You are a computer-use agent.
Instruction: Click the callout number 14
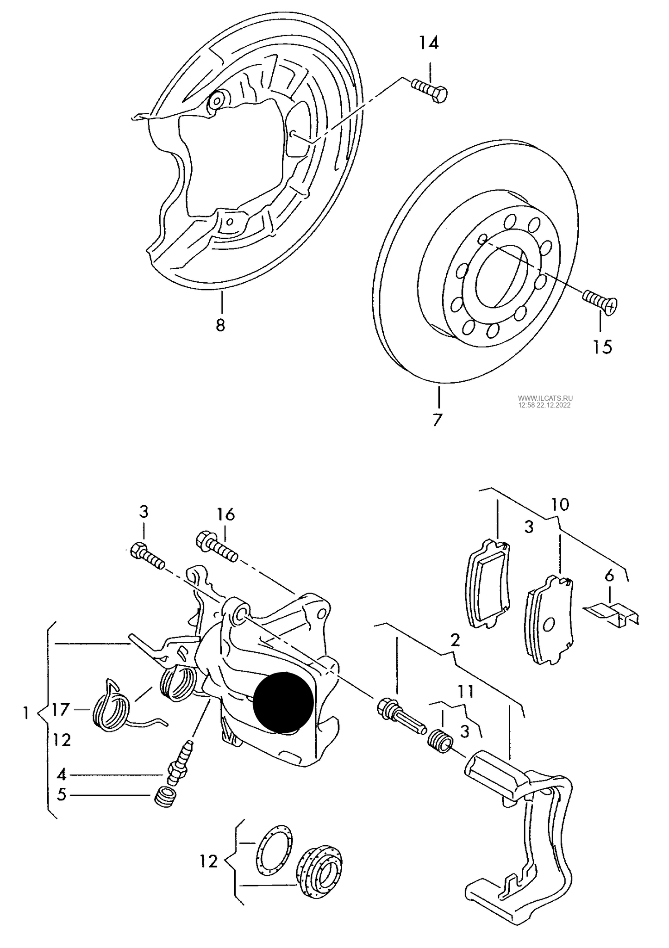coord(429,43)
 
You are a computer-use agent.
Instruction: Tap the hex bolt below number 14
coord(429,91)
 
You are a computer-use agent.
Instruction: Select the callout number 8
coord(220,325)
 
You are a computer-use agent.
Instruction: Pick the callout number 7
coord(438,420)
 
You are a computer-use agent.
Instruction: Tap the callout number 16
coord(225,514)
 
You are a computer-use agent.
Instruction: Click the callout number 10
coord(560,504)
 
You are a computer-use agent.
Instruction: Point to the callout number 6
coord(609,576)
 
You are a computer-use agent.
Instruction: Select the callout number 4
coord(62,774)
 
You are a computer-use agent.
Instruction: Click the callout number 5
coord(62,795)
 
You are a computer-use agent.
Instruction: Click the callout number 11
coord(466,692)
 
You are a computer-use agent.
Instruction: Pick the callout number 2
coord(455,640)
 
